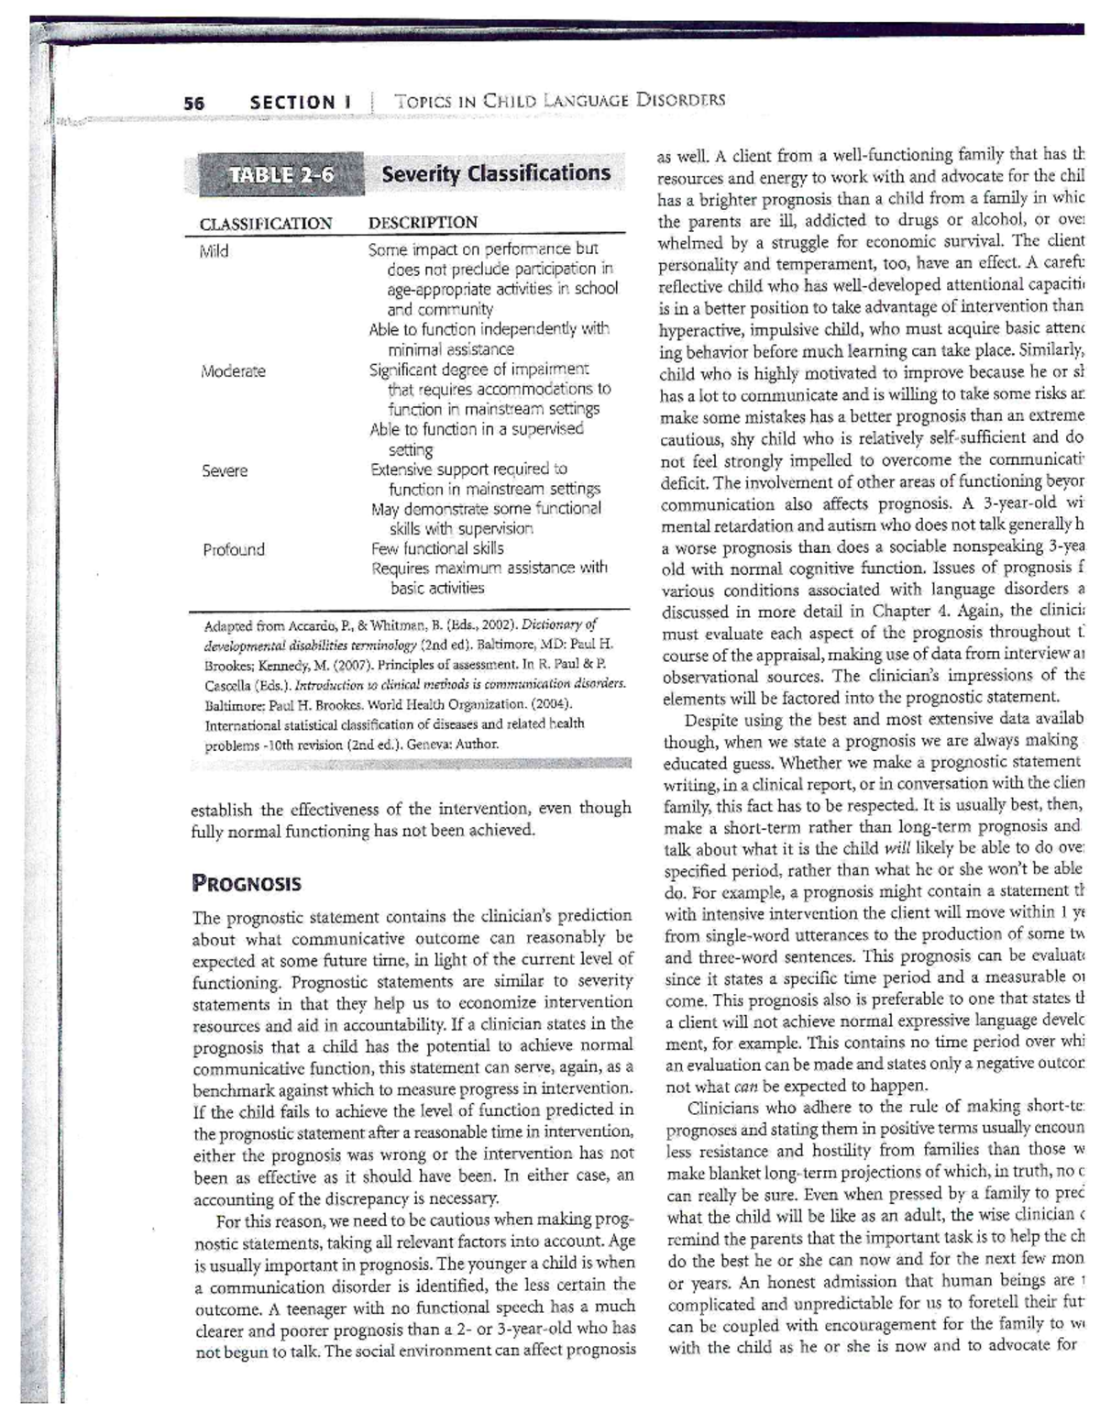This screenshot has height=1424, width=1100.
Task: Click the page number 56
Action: point(193,103)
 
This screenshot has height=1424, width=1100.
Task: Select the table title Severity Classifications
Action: point(495,173)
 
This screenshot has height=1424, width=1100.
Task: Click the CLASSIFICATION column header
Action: point(266,223)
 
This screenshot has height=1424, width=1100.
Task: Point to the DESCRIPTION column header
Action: point(423,223)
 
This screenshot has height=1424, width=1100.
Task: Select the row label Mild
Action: point(214,251)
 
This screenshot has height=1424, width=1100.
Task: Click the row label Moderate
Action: point(234,371)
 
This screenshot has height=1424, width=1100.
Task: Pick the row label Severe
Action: point(225,470)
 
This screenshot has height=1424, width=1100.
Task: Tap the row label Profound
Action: point(234,549)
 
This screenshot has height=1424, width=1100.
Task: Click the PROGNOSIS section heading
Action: point(247,884)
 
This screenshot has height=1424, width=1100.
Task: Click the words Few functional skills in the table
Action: point(436,548)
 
